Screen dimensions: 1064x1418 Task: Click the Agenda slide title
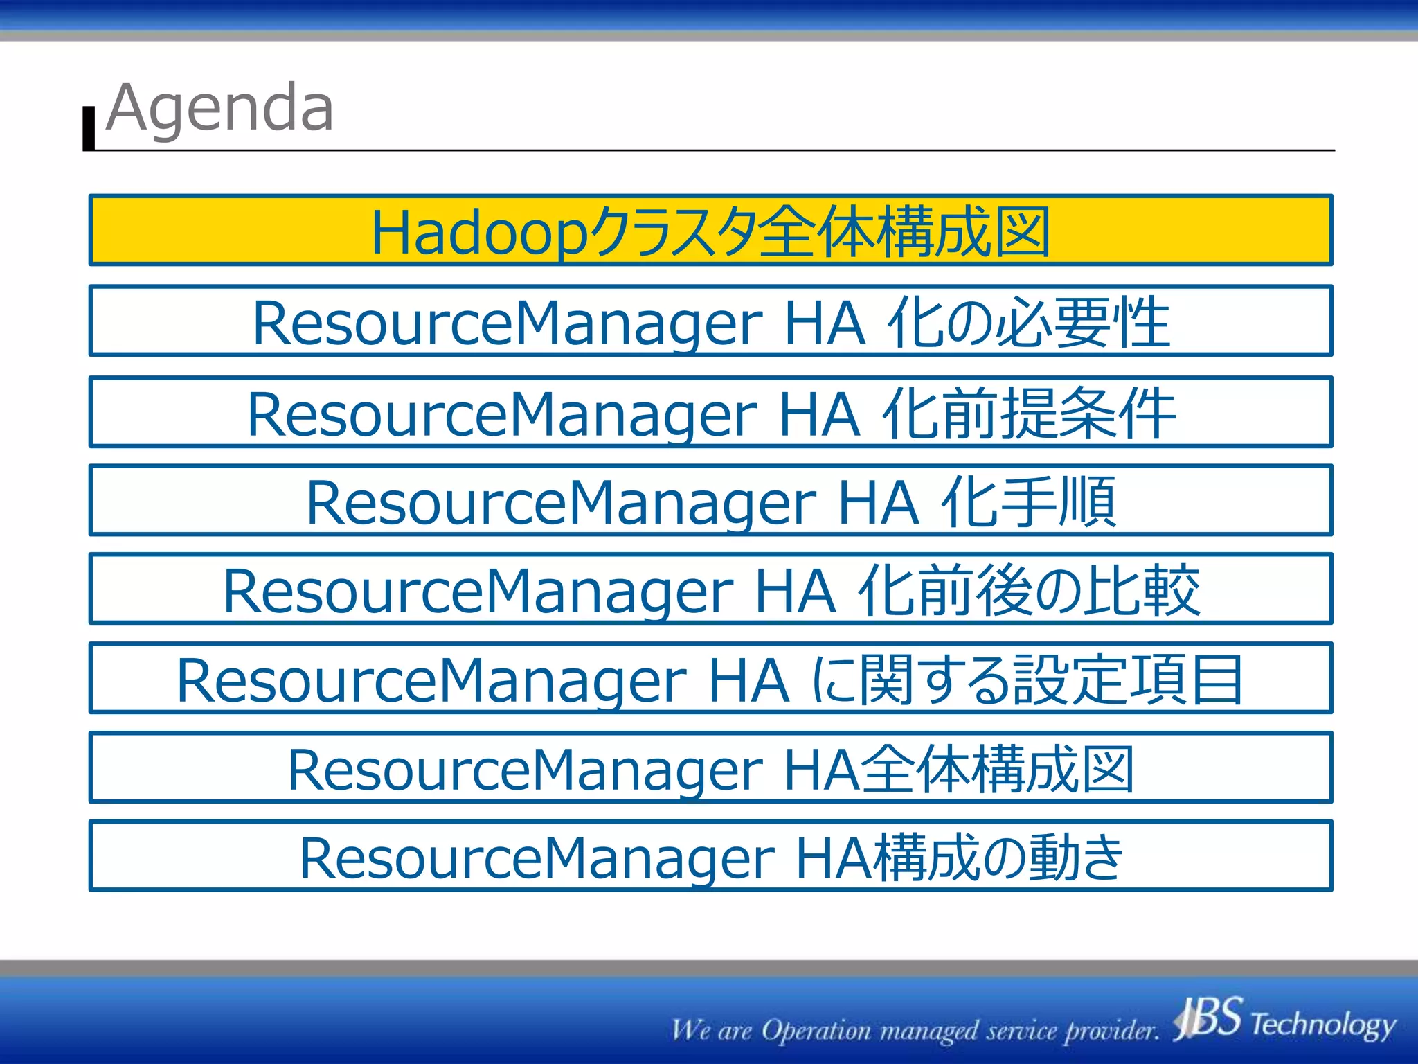point(220,109)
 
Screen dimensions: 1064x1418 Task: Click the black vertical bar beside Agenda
point(89,128)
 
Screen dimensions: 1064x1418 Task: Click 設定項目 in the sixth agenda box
point(1129,680)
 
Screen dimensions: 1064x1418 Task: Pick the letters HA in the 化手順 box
point(878,503)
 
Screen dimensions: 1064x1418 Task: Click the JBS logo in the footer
point(1208,1018)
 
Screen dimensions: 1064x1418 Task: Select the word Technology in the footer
point(1322,1024)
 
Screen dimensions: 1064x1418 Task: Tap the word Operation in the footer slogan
point(817,1031)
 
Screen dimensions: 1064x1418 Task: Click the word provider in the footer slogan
point(1111,1031)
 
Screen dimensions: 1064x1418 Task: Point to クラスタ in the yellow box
point(672,232)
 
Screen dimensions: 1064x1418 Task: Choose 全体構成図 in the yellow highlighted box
point(904,232)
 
